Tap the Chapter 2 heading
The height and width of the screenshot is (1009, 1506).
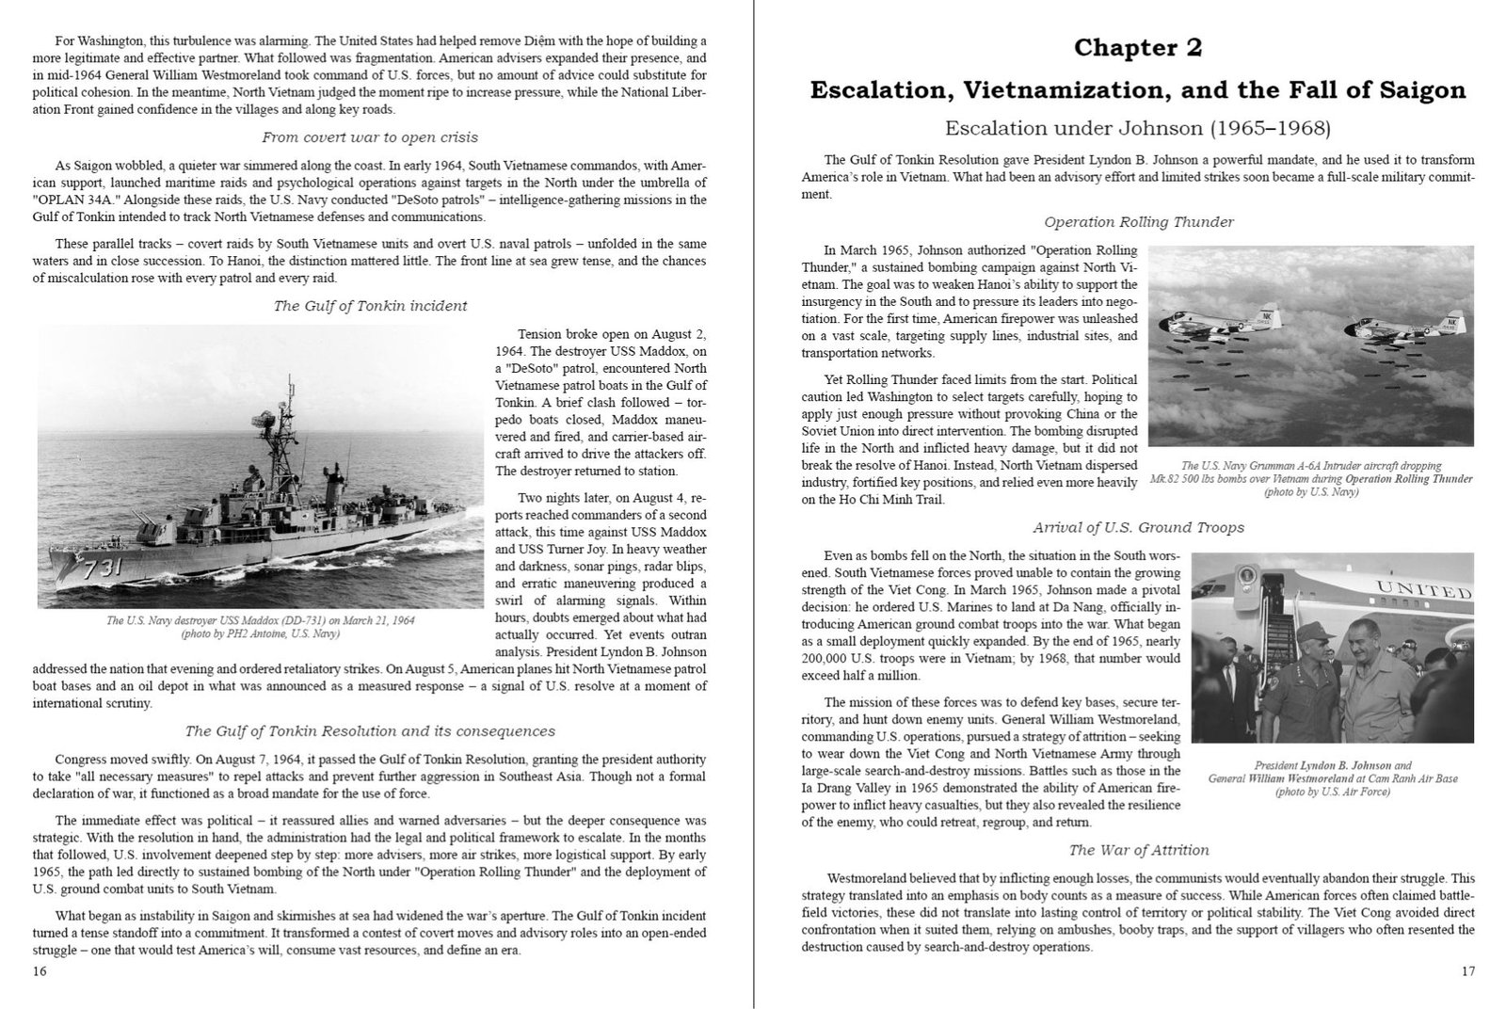point(1137,47)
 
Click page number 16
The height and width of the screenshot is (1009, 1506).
point(40,971)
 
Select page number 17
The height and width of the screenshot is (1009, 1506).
point(1468,971)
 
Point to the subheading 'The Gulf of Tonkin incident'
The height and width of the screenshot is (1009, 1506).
point(370,306)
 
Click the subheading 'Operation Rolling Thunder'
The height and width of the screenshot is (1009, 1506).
point(1138,222)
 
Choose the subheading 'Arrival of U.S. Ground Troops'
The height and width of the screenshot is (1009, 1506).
point(1138,527)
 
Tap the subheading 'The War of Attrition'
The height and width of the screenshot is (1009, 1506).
point(1138,850)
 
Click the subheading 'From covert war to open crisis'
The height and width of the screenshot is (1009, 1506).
point(370,137)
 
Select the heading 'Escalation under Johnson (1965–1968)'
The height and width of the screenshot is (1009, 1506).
point(1138,128)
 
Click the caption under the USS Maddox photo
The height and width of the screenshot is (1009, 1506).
point(261,627)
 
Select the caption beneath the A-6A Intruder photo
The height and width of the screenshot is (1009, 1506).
point(1310,478)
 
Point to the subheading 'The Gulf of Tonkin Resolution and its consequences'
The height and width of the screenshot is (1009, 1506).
point(370,731)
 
